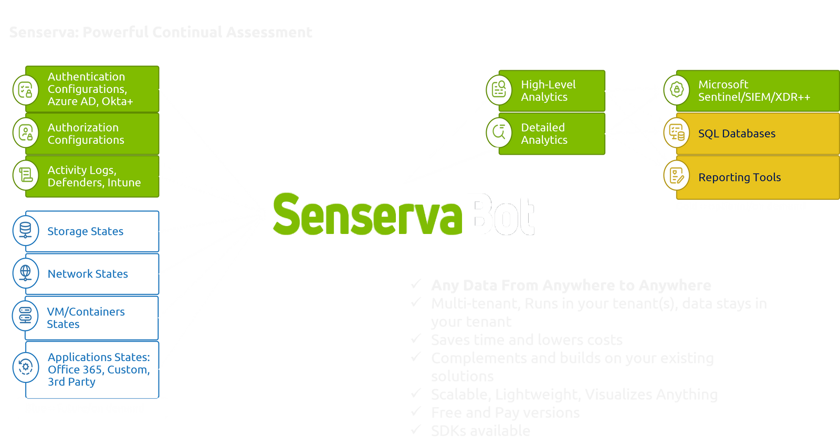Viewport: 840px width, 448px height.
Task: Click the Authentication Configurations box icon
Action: click(x=25, y=90)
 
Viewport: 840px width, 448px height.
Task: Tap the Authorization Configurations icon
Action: click(x=25, y=132)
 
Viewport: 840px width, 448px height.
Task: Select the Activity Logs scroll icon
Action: click(x=25, y=175)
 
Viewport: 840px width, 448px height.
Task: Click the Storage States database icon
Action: click(x=25, y=230)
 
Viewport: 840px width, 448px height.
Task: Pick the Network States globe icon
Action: click(x=25, y=273)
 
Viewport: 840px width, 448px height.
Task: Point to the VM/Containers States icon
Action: click(x=25, y=315)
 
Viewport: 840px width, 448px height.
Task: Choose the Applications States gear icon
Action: click(x=25, y=367)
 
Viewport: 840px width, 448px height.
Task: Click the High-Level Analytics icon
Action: click(x=499, y=90)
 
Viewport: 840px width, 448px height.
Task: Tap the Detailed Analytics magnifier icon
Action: click(x=499, y=132)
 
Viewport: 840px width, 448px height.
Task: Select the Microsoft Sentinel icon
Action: click(x=676, y=90)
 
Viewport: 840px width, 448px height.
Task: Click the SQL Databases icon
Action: click(x=676, y=133)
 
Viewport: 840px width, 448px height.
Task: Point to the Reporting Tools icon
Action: click(x=676, y=175)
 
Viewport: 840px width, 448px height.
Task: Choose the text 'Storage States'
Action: click(x=86, y=231)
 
